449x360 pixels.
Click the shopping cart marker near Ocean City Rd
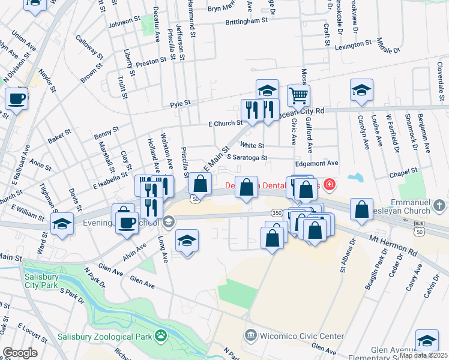tap(298, 95)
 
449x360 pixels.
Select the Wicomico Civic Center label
tap(301, 335)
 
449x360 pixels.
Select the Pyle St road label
tap(179, 103)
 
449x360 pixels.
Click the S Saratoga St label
tap(247, 158)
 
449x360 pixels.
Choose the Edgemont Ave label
tap(317, 163)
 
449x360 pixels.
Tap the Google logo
tap(20, 353)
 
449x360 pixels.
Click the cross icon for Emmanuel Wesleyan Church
tap(439, 206)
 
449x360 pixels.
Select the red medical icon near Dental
tap(329, 184)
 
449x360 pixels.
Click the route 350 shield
tap(276, 213)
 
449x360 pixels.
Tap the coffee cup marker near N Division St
tap(16, 98)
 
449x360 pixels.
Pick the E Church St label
tap(224, 124)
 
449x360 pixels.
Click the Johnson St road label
tap(123, 25)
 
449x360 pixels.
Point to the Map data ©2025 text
tap(423, 355)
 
